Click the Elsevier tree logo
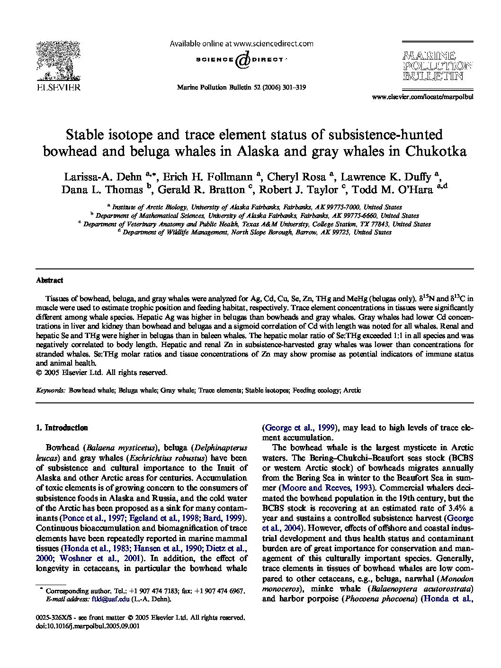tap(58, 62)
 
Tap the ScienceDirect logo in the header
tap(241, 60)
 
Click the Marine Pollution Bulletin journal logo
tap(437, 66)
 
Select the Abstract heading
tap(49, 280)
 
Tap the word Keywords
tap(51, 391)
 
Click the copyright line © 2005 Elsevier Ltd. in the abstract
tap(101, 373)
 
